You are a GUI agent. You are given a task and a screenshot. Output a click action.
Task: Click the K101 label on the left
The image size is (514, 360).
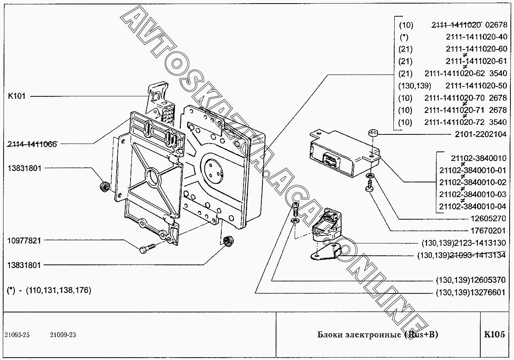(16, 96)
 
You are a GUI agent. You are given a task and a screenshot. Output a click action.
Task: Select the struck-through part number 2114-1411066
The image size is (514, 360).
(32, 144)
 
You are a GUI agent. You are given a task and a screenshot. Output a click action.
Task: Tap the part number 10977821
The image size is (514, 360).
(24, 240)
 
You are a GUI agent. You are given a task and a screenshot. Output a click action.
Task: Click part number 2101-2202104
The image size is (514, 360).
(480, 134)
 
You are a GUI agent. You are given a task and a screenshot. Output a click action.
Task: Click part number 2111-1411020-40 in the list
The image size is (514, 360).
(476, 37)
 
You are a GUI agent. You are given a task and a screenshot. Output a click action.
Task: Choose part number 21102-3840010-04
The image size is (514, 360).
(473, 206)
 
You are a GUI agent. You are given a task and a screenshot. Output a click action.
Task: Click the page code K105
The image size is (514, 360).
(495, 335)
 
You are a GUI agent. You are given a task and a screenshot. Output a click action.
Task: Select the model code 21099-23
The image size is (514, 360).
(63, 335)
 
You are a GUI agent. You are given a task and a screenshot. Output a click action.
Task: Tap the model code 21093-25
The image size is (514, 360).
(17, 335)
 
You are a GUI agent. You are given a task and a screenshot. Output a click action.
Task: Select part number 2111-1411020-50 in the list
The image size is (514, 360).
(476, 86)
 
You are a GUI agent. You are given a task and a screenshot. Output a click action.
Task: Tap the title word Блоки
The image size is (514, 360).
(329, 335)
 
